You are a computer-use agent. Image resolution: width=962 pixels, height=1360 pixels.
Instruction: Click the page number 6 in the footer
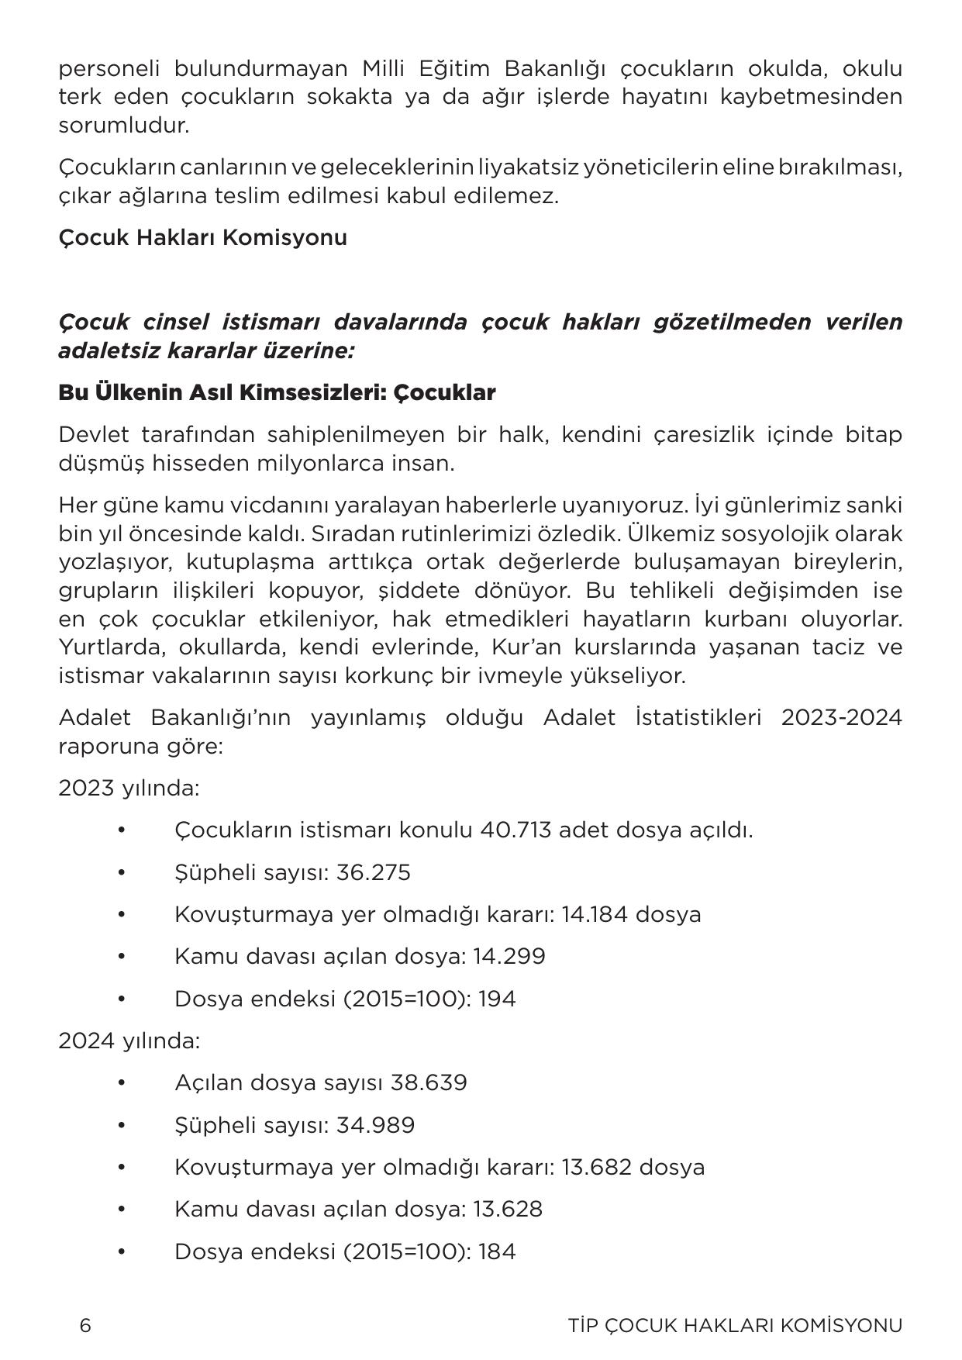[85, 1325]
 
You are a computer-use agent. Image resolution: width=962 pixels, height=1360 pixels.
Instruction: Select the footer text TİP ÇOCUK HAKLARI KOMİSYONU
[735, 1325]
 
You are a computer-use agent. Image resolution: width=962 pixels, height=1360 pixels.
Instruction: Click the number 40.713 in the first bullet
[515, 830]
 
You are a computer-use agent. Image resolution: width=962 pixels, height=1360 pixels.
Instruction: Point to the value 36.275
[374, 872]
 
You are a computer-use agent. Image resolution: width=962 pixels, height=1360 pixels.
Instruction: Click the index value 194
[497, 999]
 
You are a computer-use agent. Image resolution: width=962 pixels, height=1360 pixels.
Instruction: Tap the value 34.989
[375, 1125]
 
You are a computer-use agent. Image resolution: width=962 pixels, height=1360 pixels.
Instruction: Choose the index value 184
[497, 1251]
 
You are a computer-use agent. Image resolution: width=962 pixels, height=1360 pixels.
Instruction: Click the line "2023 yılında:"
[129, 789]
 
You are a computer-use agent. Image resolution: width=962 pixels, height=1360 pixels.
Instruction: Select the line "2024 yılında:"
[129, 1041]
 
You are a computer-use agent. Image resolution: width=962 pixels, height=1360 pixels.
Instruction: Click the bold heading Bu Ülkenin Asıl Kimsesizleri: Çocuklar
[277, 392]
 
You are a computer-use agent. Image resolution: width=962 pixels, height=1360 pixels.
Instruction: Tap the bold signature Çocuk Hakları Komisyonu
[202, 237]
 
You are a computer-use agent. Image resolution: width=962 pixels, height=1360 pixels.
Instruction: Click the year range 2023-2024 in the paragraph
[841, 717]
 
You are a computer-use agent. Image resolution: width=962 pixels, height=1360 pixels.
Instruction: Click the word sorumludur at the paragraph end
[122, 126]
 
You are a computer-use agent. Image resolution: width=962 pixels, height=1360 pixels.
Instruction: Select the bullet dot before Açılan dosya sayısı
[122, 1082]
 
